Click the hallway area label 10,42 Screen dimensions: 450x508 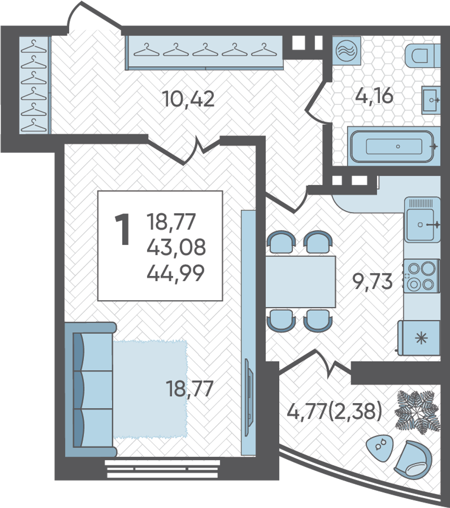189,99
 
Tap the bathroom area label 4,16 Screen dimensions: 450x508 374,96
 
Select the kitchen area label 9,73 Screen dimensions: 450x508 372,281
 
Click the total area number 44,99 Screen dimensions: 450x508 175,273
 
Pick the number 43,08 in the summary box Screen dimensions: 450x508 176,247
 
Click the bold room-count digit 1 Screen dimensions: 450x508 123,230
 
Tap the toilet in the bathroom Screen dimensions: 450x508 422,56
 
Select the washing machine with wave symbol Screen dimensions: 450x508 347,51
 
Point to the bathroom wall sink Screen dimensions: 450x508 431,100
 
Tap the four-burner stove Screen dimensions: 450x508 421,275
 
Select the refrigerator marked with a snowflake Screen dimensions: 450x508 419,338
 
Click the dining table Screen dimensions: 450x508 300,282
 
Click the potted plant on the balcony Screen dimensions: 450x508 417,412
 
